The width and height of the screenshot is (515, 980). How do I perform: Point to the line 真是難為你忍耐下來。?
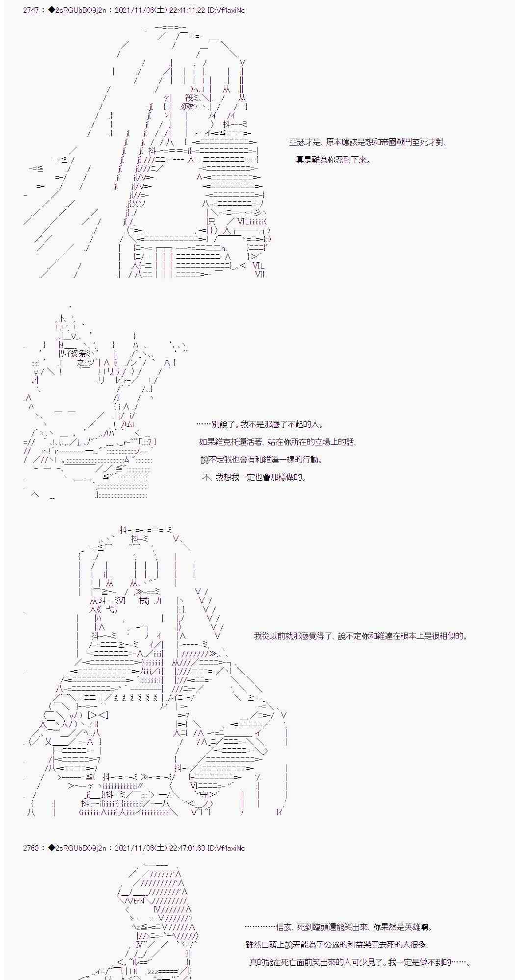333,160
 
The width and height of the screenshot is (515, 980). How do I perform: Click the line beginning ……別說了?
259,425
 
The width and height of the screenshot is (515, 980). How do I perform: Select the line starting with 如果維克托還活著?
278,442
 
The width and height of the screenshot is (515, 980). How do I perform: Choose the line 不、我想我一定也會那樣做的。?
254,477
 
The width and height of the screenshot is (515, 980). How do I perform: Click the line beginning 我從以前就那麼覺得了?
360,637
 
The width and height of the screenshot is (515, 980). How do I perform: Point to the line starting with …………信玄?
338,927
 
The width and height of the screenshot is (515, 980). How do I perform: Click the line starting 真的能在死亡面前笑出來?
360,962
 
